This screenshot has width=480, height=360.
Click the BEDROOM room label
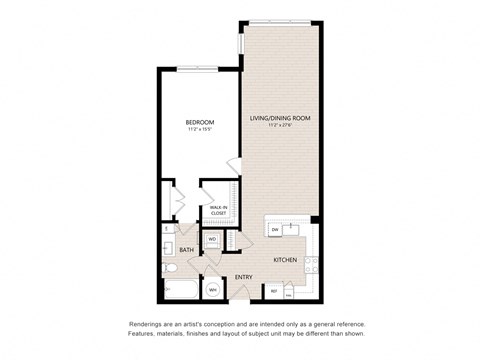(x=199, y=122)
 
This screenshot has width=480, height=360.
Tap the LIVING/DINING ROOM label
(x=277, y=118)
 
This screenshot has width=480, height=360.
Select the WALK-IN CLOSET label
(x=218, y=210)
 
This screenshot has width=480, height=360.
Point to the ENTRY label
(x=243, y=277)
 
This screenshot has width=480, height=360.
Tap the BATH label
(x=186, y=250)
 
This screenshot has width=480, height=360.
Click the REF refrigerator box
(x=273, y=290)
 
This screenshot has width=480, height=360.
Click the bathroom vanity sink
(x=167, y=248)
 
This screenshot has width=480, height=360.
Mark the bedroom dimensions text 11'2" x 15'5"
(x=199, y=130)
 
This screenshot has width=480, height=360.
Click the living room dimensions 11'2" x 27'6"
(x=277, y=126)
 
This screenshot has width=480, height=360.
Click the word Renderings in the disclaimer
(x=148, y=325)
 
